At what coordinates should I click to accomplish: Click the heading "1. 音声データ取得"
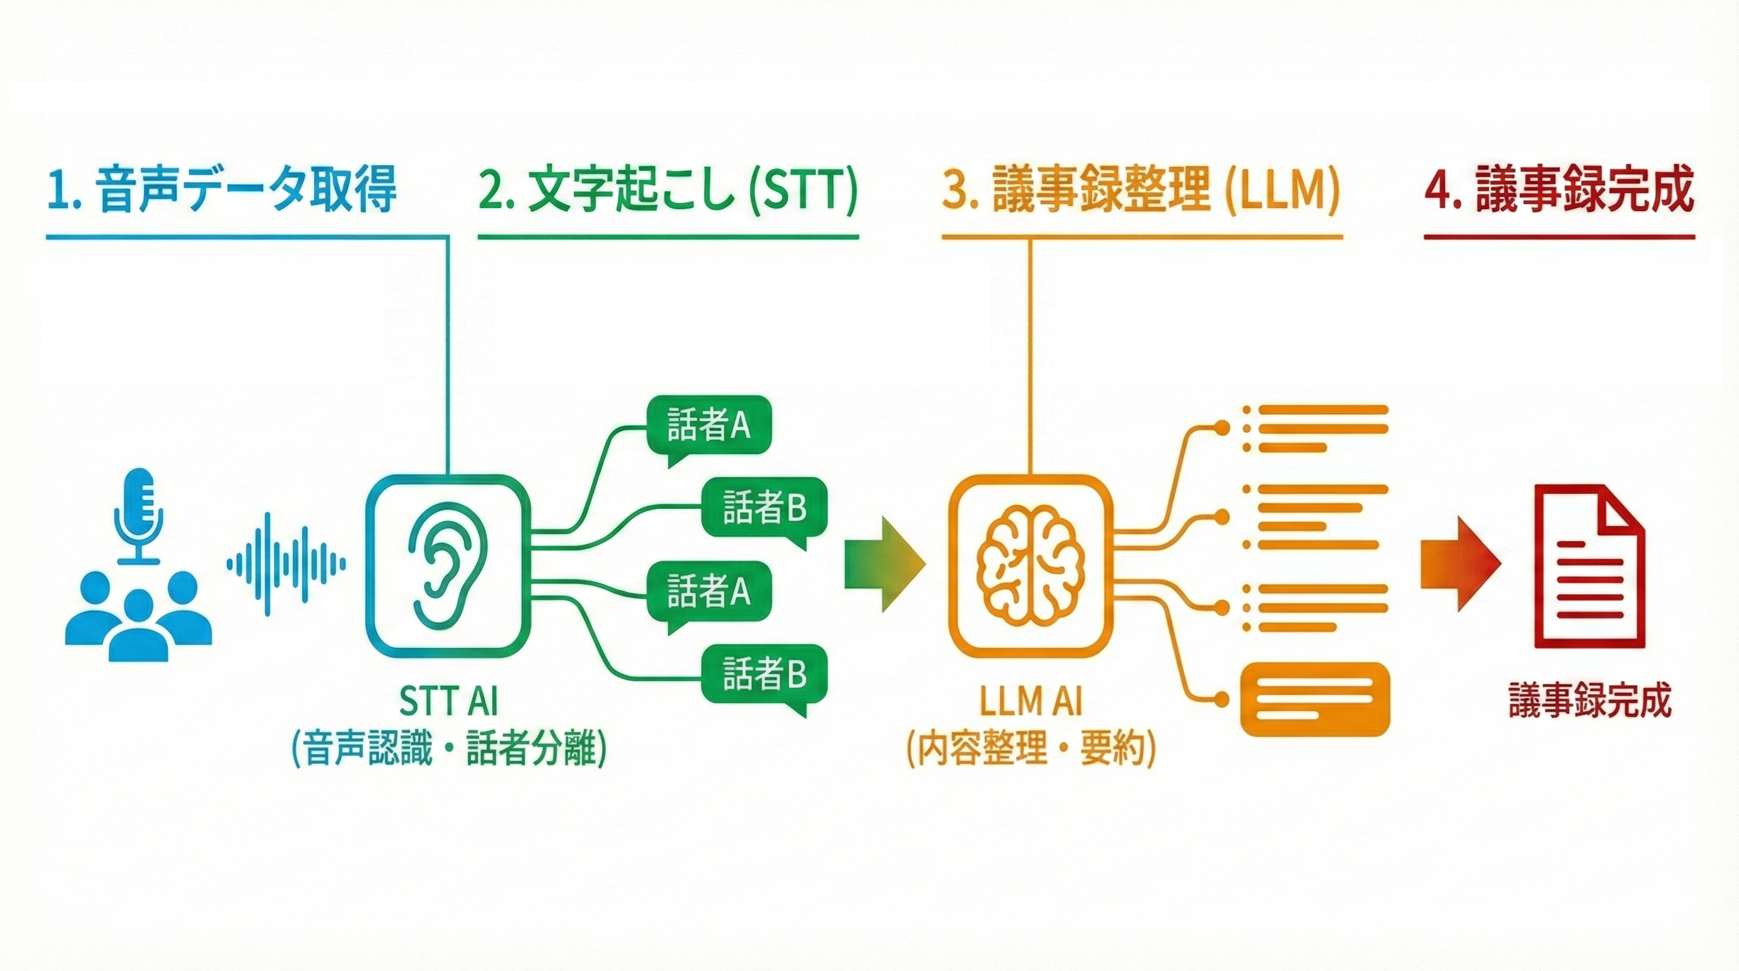tap(221, 191)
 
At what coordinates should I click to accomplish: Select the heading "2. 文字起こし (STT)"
tap(668, 191)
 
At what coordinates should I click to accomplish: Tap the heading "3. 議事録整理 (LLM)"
tap(1141, 191)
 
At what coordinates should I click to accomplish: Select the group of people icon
tap(139, 616)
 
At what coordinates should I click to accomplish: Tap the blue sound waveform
tap(286, 564)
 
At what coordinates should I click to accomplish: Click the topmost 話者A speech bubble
tap(709, 426)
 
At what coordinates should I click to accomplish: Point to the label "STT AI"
tap(447, 702)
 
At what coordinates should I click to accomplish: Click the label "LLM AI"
tap(1031, 702)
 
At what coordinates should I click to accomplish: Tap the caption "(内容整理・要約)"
tap(1031, 749)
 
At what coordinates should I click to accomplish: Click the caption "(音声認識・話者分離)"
tap(448, 749)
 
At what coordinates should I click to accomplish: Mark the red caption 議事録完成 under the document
tap(1590, 701)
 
